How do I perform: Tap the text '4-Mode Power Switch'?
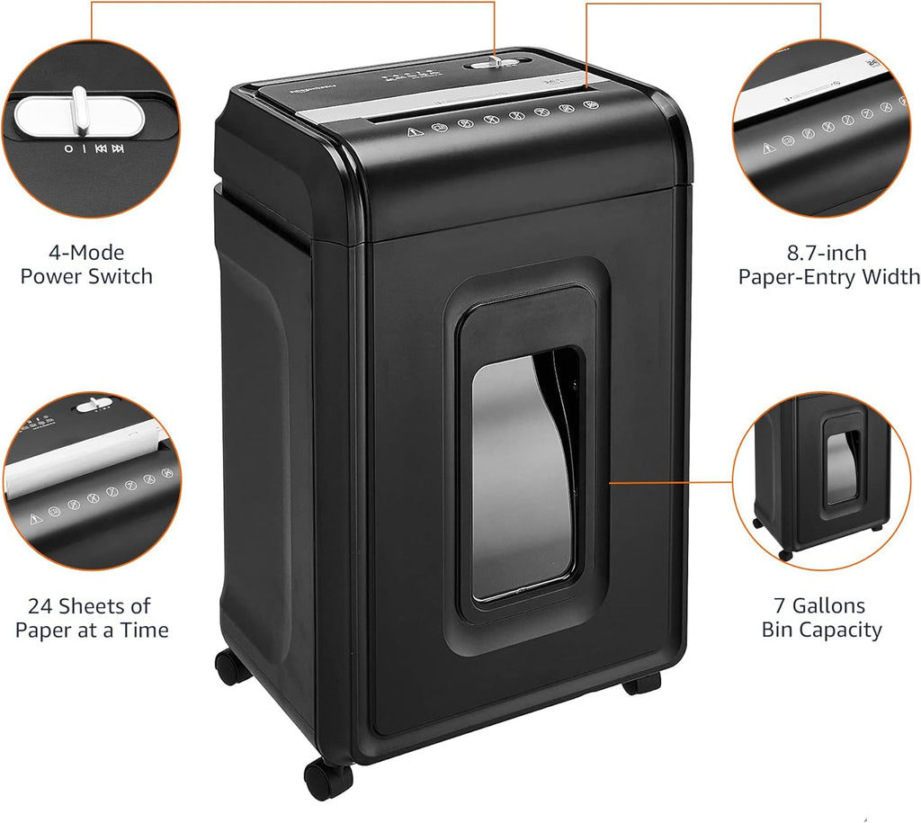[86, 264]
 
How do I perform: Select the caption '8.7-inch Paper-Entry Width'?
[828, 264]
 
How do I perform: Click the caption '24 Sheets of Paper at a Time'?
[91, 618]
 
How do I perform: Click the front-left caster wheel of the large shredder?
[327, 776]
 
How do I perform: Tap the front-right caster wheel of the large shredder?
[642, 683]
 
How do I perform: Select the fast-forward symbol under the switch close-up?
[118, 149]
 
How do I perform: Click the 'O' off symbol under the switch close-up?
[68, 149]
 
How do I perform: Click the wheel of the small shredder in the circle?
[786, 554]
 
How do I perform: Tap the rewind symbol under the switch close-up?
[101, 149]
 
